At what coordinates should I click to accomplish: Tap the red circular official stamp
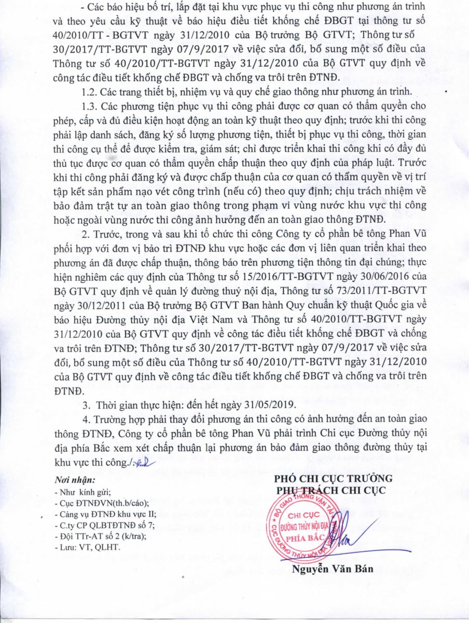[x=310, y=522]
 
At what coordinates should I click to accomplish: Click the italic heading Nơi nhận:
[x=75, y=480]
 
